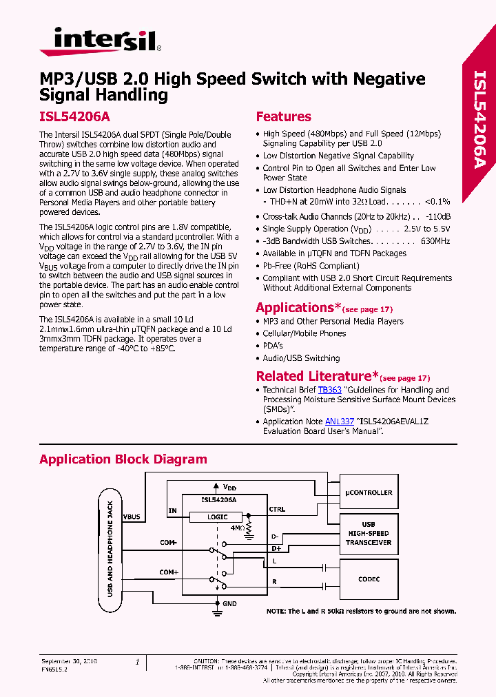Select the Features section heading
[x=283, y=116]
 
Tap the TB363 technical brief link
[x=329, y=390]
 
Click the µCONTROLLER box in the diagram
[x=369, y=493]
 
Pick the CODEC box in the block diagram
[x=369, y=579]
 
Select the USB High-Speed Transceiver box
[x=369, y=534]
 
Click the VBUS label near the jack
[x=131, y=516]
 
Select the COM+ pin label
[x=169, y=572]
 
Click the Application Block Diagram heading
[x=123, y=459]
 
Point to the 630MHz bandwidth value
[x=435, y=241]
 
